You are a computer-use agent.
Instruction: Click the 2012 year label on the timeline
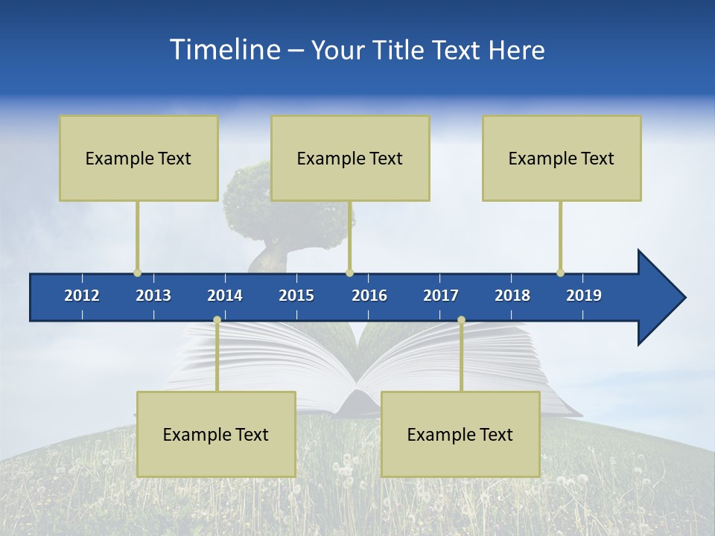click(82, 296)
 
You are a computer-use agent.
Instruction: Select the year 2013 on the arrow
click(153, 296)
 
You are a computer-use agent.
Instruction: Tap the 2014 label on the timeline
click(225, 296)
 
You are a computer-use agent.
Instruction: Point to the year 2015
click(296, 296)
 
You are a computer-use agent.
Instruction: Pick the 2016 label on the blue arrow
click(369, 296)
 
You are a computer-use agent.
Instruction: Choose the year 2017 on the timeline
click(441, 296)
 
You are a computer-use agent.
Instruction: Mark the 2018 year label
click(512, 296)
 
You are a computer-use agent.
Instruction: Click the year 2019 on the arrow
click(584, 296)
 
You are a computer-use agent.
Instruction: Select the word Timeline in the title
click(224, 50)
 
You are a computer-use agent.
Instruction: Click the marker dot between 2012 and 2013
click(137, 272)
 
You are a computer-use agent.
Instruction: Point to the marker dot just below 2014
click(217, 320)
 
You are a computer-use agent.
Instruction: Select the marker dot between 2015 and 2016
click(349, 272)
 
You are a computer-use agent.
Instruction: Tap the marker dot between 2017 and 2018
click(461, 320)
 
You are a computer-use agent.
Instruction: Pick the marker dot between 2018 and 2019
click(560, 272)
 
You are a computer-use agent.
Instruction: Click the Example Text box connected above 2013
click(139, 158)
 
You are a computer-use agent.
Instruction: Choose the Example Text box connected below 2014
click(216, 434)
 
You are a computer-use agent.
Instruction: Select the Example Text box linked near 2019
click(562, 158)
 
